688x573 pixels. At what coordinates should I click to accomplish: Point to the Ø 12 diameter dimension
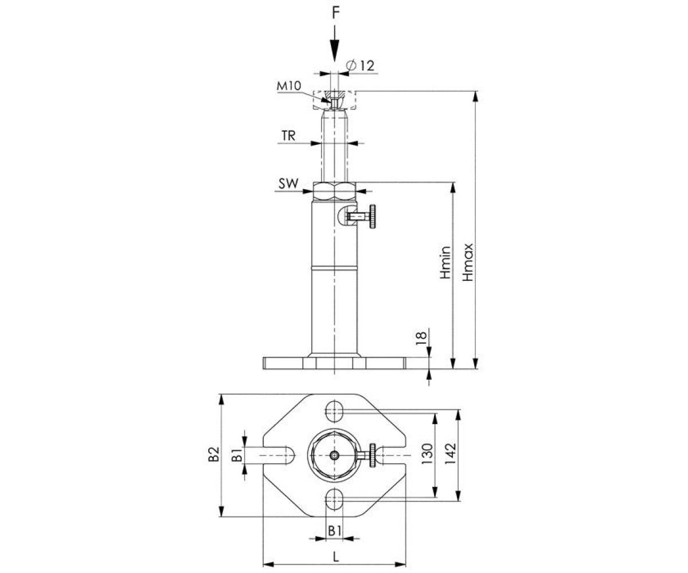coord(361,65)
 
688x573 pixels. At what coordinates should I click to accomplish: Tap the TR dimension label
coord(288,136)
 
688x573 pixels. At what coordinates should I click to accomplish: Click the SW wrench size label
coord(288,184)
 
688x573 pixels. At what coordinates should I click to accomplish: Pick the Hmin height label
coord(446,262)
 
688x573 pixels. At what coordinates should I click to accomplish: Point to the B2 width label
coord(213,455)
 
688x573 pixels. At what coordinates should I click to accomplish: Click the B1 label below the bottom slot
coord(335,531)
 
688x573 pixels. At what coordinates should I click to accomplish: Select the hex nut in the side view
coord(335,190)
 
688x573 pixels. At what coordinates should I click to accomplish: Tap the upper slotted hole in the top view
coord(334,410)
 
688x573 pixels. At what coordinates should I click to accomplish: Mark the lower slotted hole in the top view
coord(334,500)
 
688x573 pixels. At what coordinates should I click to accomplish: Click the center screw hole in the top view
coord(334,456)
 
